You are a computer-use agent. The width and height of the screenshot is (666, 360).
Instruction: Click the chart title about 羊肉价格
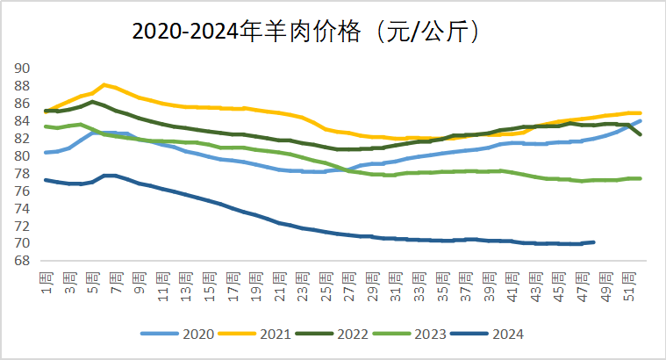click(308, 32)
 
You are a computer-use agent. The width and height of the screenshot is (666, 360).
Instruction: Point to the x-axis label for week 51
click(627, 284)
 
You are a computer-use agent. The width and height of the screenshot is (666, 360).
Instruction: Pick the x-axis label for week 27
click(348, 284)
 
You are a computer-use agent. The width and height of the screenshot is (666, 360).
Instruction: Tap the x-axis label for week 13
click(185, 284)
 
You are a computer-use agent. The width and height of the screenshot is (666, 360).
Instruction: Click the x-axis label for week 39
click(488, 284)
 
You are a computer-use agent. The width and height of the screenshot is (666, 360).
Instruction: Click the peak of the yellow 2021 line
click(104, 84)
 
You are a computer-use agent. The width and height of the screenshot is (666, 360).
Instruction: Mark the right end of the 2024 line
click(593, 242)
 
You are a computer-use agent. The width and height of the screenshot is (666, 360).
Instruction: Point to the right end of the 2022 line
click(639, 134)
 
